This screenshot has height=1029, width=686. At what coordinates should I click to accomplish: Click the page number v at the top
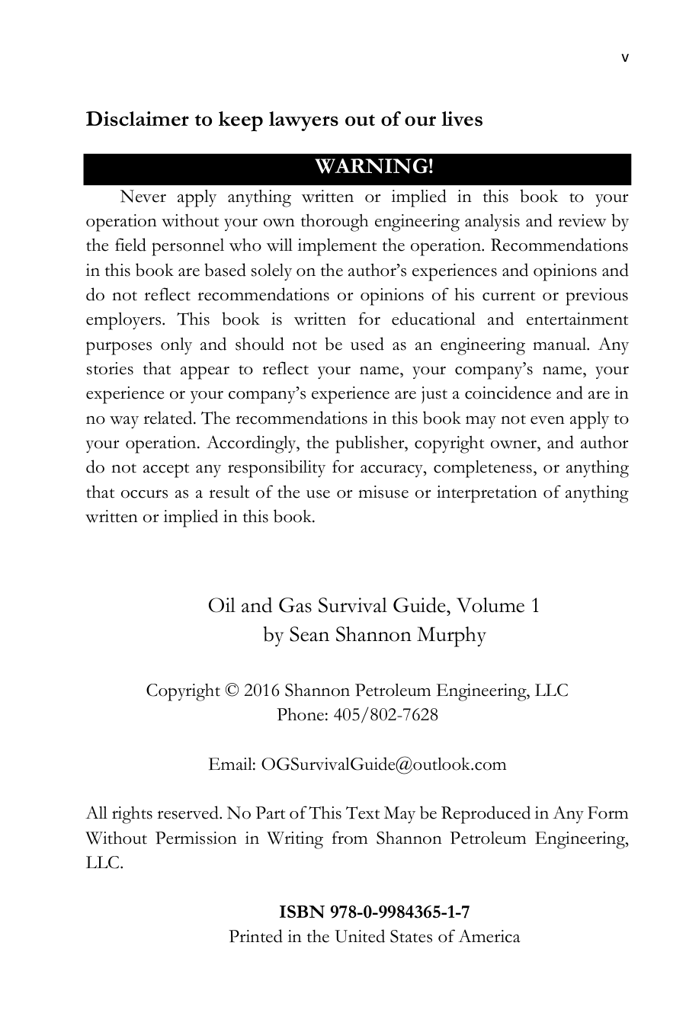(x=625, y=57)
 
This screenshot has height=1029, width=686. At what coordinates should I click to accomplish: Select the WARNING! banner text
(x=374, y=166)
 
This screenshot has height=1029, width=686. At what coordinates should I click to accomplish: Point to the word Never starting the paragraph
(x=143, y=197)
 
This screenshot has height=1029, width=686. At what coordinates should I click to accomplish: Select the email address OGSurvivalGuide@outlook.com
(x=383, y=765)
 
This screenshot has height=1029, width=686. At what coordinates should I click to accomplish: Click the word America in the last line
(x=489, y=936)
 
